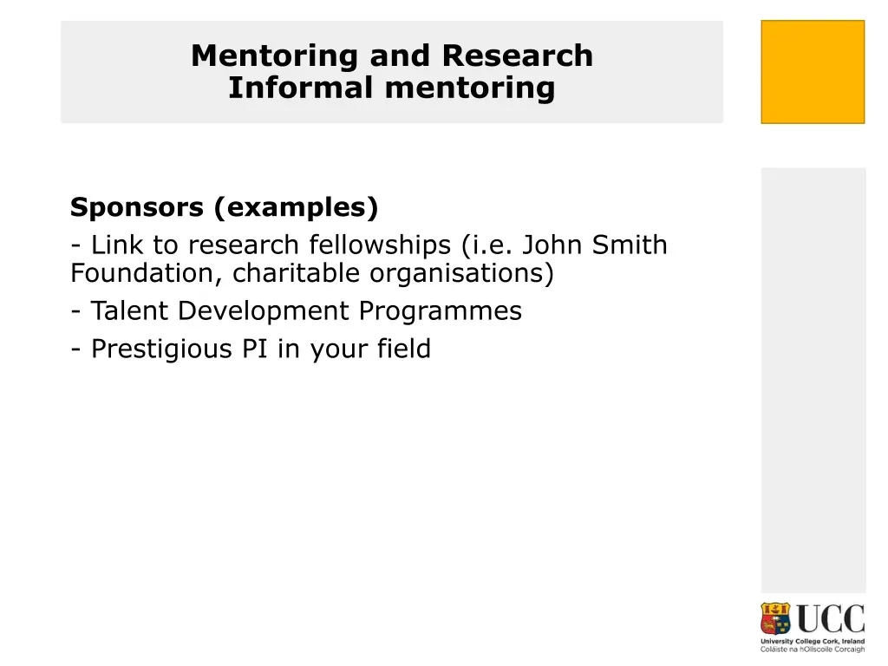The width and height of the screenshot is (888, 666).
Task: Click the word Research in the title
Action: pos(517,55)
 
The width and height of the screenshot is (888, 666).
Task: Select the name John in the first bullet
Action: pos(553,245)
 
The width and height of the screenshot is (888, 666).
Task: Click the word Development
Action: pos(264,311)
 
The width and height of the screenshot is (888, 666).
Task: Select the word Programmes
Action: pos(441,311)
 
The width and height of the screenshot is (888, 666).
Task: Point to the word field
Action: pos(403,349)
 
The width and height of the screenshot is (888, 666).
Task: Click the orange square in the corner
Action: pos(813,72)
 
